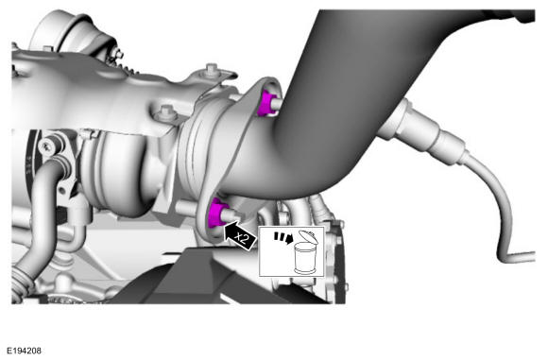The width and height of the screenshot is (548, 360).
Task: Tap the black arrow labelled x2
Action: coord(240,236)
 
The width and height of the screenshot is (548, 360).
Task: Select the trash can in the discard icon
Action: coord(303,259)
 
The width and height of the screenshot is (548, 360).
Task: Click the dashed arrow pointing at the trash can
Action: coord(283,238)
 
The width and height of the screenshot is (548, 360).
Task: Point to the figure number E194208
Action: coord(24,351)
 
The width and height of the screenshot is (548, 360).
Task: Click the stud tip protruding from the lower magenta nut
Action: coord(233,214)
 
